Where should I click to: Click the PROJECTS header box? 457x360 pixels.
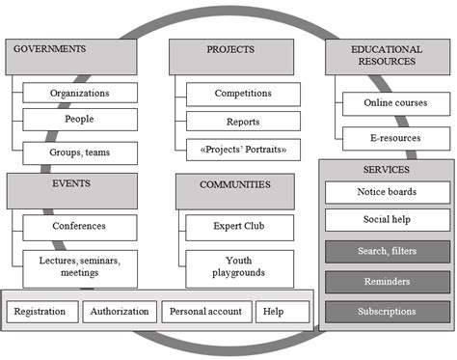coord(228,56)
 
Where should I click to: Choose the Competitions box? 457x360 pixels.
coord(243,94)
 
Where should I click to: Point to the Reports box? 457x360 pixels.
coord(243,123)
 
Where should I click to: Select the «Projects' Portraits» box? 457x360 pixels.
coord(243,150)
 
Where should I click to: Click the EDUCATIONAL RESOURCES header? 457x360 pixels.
coord(383,56)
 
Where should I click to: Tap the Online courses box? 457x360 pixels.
coord(395,102)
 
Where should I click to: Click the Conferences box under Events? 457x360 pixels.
coord(79,227)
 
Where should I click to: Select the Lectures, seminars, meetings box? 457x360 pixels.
coord(79,265)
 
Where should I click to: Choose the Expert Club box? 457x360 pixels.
coord(238,227)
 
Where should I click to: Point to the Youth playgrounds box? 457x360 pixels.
coord(238,265)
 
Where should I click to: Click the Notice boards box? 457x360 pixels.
coord(383,191)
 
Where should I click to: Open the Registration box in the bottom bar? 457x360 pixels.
coord(40,312)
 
